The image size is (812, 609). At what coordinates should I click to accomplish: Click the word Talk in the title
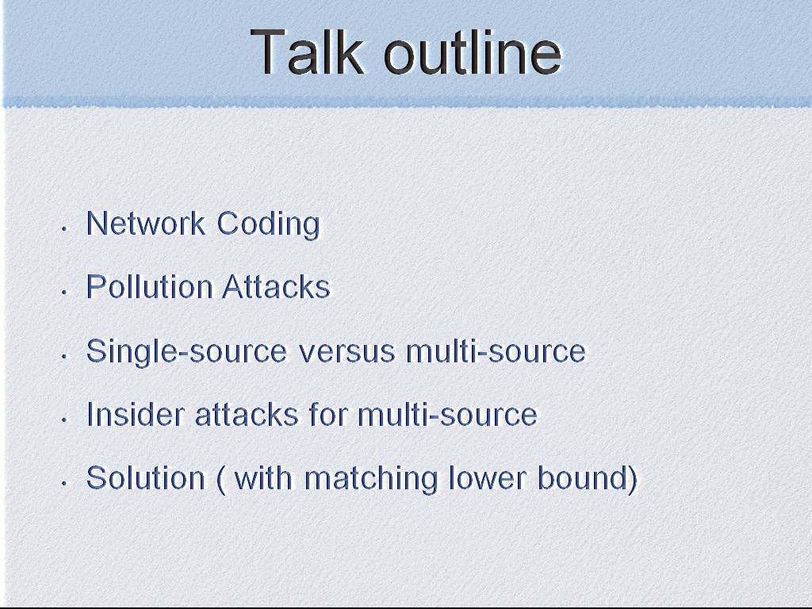308,52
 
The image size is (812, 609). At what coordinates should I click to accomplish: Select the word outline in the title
473,52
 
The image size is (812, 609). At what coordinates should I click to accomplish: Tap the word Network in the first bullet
146,224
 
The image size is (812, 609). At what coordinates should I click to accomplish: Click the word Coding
268,224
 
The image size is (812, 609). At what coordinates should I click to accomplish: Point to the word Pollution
149,287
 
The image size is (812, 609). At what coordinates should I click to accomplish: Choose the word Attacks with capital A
277,287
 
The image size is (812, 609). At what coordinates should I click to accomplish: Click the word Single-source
186,352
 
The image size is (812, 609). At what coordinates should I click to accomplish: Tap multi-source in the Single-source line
496,351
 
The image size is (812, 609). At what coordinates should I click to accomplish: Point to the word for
328,414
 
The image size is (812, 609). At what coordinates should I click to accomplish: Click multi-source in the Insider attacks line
447,414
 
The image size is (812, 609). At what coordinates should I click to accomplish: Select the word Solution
146,477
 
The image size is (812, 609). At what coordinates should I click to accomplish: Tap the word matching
371,478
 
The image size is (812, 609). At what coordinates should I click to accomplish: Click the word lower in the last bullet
488,477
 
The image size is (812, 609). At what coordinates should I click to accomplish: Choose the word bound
583,477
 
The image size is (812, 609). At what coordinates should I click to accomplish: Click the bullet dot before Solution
64,484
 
